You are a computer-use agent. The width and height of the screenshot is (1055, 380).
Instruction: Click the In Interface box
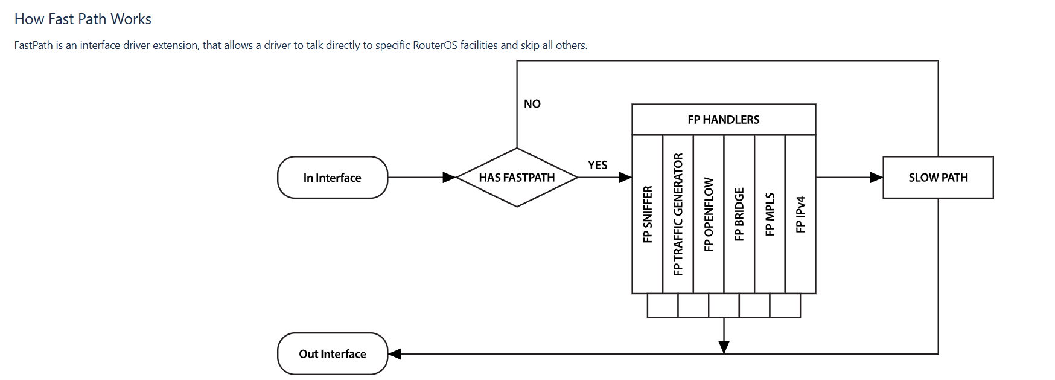(332, 178)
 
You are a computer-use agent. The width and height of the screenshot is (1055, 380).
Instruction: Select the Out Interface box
(332, 354)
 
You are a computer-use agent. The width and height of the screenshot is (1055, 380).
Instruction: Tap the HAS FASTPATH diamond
(517, 178)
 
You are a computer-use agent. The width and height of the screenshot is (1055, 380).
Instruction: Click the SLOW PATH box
(938, 178)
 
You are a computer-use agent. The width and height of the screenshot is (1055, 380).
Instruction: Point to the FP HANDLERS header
(724, 120)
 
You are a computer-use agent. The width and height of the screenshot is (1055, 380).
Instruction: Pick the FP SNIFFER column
(648, 214)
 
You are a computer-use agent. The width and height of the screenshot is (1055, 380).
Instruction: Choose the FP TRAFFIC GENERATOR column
(678, 214)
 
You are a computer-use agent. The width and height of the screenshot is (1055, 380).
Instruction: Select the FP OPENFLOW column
(709, 214)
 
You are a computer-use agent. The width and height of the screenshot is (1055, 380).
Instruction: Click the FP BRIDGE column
(739, 214)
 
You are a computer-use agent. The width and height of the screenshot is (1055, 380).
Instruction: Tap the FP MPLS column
(770, 214)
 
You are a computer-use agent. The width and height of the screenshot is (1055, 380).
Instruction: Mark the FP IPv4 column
(800, 214)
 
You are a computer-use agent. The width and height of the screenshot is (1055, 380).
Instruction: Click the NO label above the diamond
(532, 104)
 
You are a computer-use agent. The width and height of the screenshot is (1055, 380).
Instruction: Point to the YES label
(598, 165)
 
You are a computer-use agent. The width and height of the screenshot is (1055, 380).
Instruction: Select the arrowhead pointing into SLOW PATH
(876, 178)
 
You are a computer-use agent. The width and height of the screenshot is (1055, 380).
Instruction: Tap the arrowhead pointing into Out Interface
(395, 354)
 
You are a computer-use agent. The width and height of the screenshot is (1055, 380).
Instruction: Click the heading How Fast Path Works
(83, 19)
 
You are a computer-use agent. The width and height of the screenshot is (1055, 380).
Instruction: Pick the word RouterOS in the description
(435, 45)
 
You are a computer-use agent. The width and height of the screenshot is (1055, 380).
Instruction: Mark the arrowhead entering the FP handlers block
(625, 178)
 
